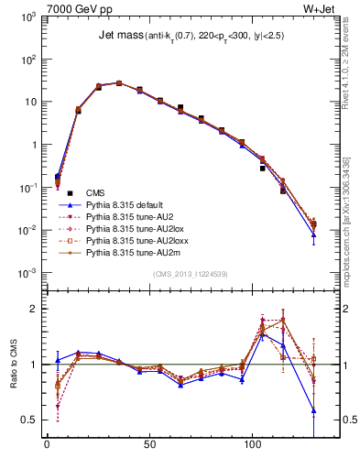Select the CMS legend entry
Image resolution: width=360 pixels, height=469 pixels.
coord(96,192)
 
